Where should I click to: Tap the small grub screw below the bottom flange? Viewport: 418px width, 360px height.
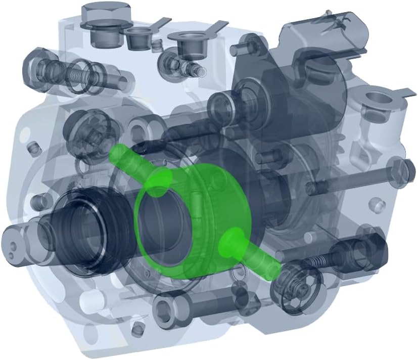[136, 331]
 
